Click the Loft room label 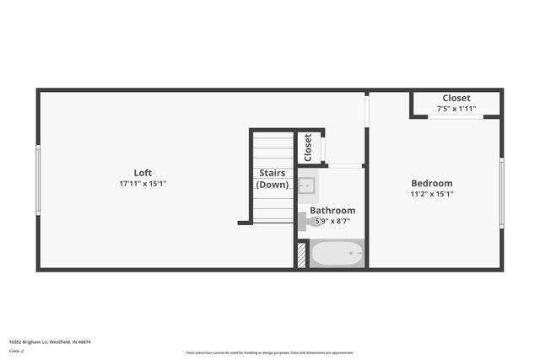coord(143,173)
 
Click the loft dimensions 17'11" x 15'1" coord(148,184)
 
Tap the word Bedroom coord(431,183)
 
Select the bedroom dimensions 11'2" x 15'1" coord(432,194)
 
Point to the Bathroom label coord(332,210)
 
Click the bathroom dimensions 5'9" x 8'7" coord(332,221)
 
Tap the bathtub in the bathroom coord(337,253)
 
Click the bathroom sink coord(307,185)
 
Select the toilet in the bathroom coord(304,221)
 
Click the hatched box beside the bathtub coord(300,255)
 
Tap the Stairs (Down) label coord(272,179)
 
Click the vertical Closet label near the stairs coord(308,148)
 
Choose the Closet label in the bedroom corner coord(456,98)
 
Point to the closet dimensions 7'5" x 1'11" coord(456,109)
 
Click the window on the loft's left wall coord(37,180)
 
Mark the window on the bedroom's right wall coord(502,193)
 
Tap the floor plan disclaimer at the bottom coord(269,352)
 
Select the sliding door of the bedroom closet coord(455,116)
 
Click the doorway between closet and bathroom coord(344,165)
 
